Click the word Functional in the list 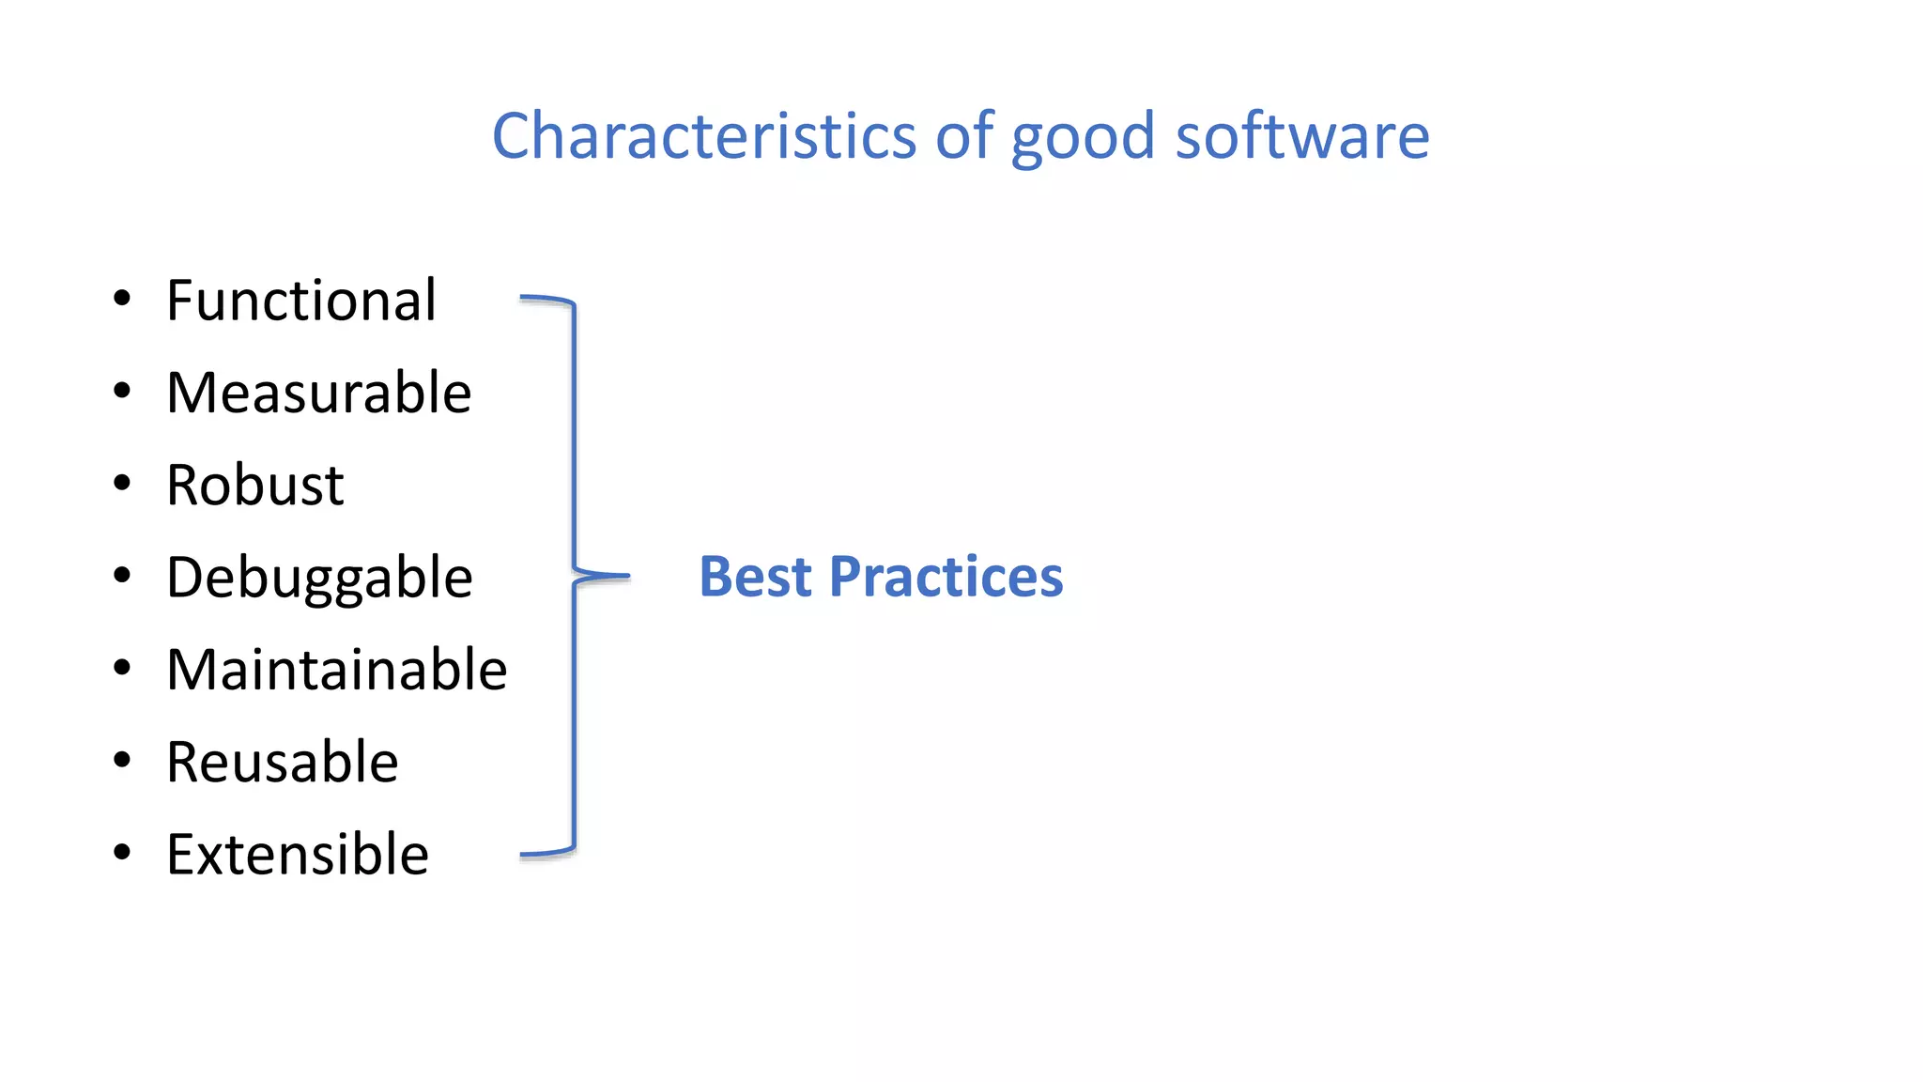[x=300, y=301]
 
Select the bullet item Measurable [x=318, y=393]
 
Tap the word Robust [x=254, y=486]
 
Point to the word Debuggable [x=319, y=578]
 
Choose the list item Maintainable [x=336, y=670]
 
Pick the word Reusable [x=282, y=762]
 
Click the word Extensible [x=297, y=855]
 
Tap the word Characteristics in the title [x=703, y=136]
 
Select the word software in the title [x=1302, y=136]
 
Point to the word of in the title [x=963, y=136]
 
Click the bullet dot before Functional [x=122, y=300]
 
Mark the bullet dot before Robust [x=122, y=484]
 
